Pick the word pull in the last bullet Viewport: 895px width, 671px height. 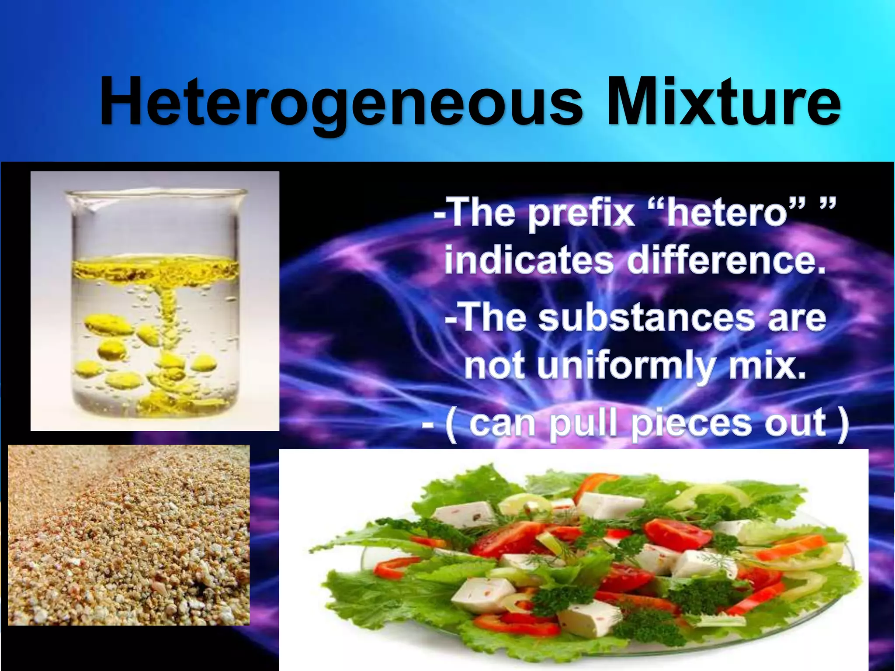click(x=586, y=423)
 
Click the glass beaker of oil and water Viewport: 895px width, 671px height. click(x=155, y=301)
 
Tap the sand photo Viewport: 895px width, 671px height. click(x=129, y=535)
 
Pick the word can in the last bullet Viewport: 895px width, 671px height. click(x=503, y=422)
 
